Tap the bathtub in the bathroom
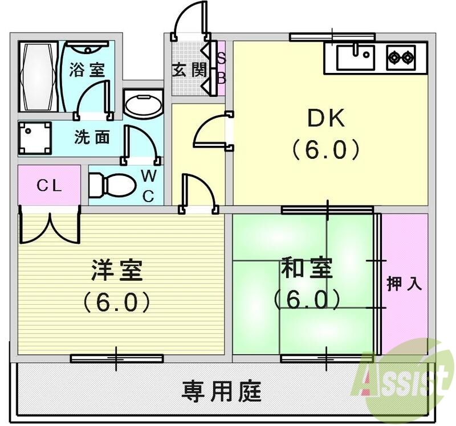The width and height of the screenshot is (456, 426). (x=38, y=76)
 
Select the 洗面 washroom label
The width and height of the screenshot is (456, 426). (x=91, y=138)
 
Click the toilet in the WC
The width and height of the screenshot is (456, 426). (x=111, y=185)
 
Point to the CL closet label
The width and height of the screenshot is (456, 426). (x=49, y=185)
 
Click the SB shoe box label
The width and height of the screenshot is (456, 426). (x=221, y=68)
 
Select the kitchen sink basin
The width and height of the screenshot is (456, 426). (x=354, y=57)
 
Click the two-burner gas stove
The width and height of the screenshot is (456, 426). (x=400, y=57)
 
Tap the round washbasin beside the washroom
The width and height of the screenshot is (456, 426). (x=142, y=106)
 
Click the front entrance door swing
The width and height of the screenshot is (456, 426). (x=188, y=20)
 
